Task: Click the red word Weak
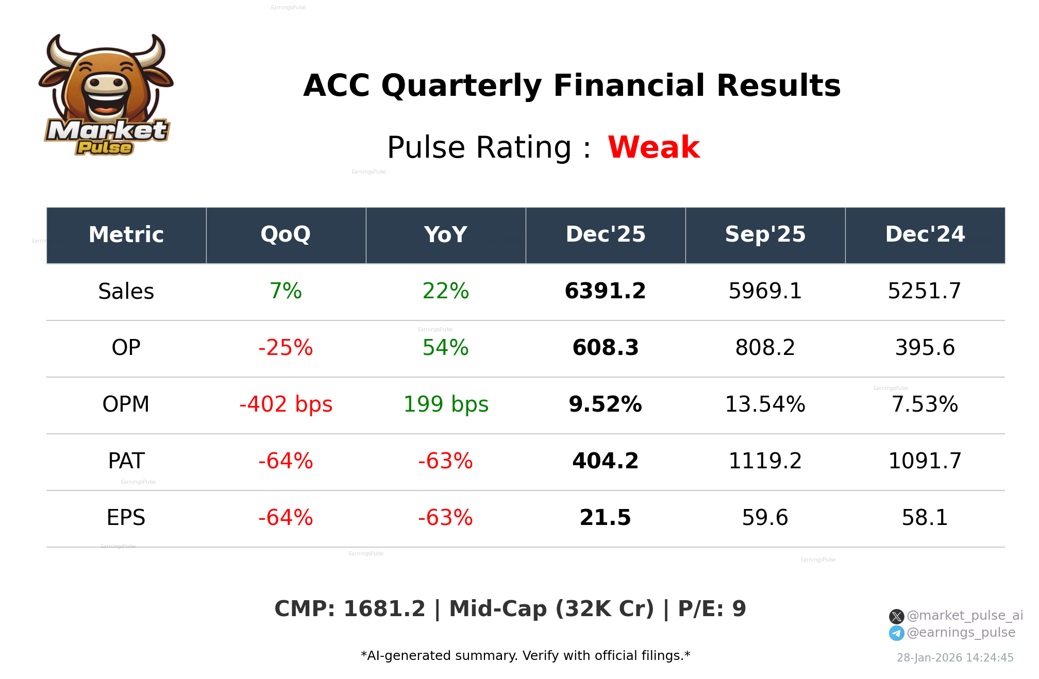coord(653,147)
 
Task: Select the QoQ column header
coord(286,235)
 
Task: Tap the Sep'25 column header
coord(765,235)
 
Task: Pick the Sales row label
coord(126,292)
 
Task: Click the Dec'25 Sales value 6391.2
coord(605,292)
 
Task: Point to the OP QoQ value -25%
coord(286,348)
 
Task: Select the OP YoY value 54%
coord(445,348)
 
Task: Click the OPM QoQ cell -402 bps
coord(286,405)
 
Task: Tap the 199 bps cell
coord(445,405)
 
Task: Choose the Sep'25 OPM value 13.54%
coord(765,405)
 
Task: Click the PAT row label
coord(126,462)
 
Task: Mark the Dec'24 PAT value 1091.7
coord(925,462)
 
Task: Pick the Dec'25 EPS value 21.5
coord(605,518)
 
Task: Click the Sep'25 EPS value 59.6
coord(765,518)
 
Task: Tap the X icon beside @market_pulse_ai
coord(896,616)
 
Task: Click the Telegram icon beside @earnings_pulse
coord(896,633)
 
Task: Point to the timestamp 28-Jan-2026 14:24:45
coord(955,658)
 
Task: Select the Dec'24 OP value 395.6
coord(925,348)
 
